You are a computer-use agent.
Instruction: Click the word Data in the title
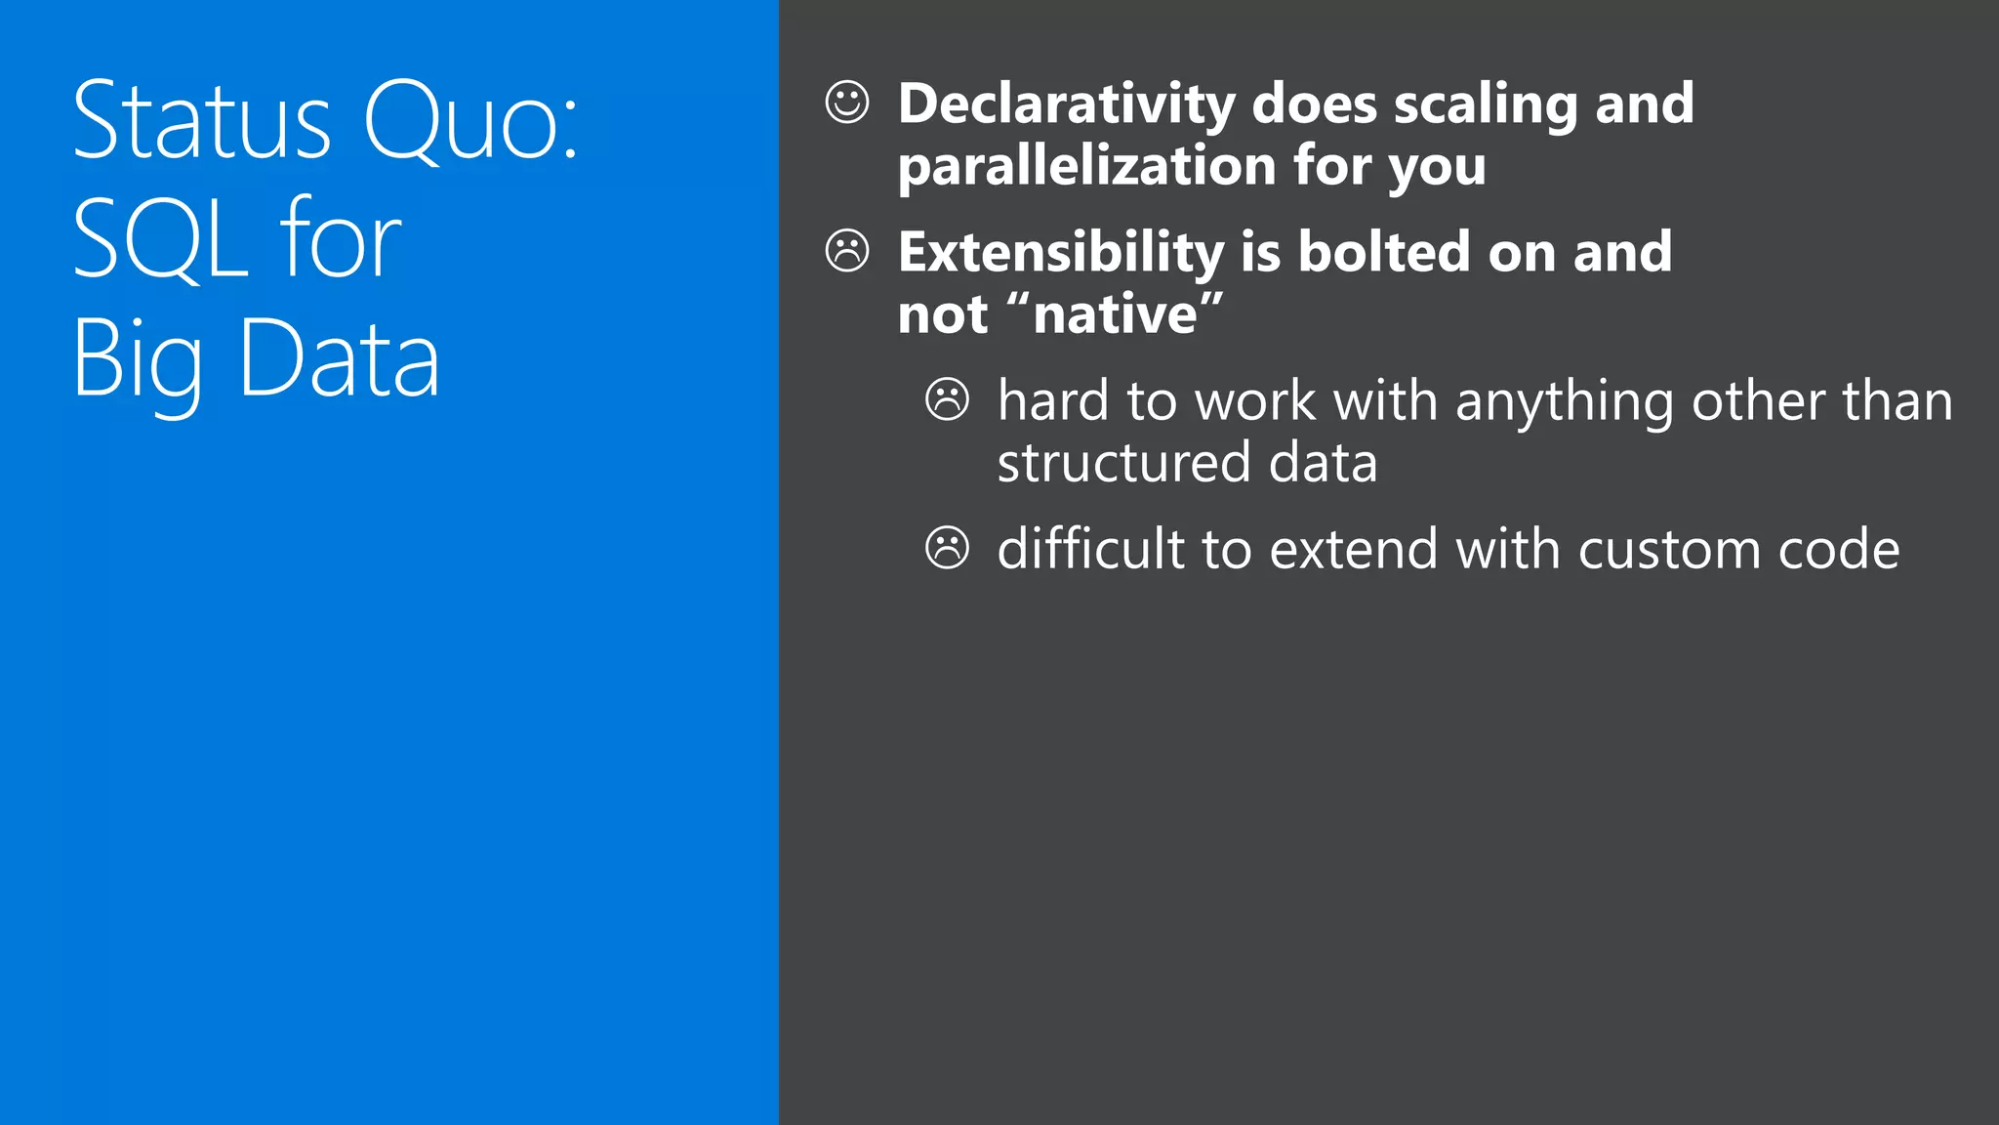point(340,359)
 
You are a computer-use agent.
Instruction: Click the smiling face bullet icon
point(846,102)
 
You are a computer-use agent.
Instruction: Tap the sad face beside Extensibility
point(846,251)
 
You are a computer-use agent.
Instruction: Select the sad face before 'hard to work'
point(947,399)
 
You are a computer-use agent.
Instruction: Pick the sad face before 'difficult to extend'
point(947,548)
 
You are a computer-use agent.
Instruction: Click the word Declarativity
point(1067,104)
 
